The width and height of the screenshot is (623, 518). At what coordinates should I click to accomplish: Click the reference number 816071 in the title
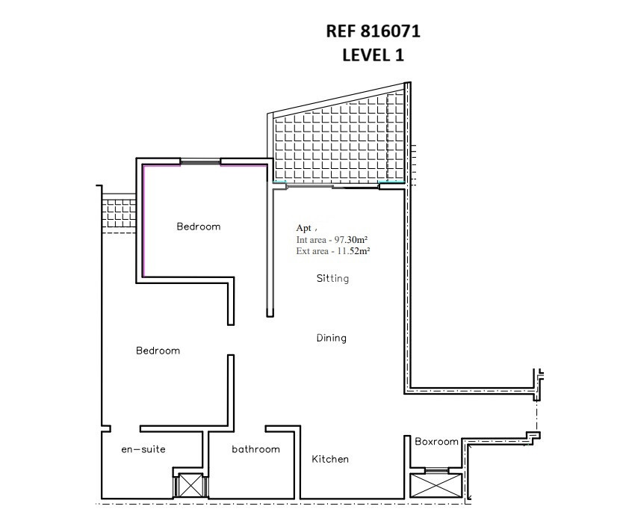pyautogui.click(x=390, y=31)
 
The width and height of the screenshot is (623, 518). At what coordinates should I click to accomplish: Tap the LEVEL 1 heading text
pyautogui.click(x=373, y=55)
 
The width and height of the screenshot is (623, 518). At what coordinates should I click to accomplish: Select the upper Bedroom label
pyautogui.click(x=198, y=226)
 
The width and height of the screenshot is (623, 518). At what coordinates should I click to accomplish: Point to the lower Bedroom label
pyautogui.click(x=158, y=351)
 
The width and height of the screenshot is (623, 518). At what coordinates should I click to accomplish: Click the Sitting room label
pyautogui.click(x=332, y=278)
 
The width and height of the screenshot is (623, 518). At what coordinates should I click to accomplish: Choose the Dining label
pyautogui.click(x=332, y=338)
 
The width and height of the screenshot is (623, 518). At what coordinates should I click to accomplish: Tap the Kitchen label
pyautogui.click(x=330, y=459)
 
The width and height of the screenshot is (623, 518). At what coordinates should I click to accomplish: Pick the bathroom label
pyautogui.click(x=256, y=449)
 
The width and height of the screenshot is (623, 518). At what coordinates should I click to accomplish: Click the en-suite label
pyautogui.click(x=143, y=449)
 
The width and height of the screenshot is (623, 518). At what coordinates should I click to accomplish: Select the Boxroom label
pyautogui.click(x=436, y=441)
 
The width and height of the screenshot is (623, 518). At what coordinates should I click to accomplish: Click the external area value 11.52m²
pyautogui.click(x=353, y=251)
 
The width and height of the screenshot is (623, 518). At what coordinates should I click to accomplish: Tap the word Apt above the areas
pyautogui.click(x=303, y=228)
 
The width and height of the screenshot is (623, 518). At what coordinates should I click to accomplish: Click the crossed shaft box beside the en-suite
pyautogui.click(x=190, y=485)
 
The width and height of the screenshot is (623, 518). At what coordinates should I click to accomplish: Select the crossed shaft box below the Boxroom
pyautogui.click(x=436, y=485)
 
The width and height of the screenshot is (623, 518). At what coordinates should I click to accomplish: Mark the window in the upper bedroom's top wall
pyautogui.click(x=200, y=161)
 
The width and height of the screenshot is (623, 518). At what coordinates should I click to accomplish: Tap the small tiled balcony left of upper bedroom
pyautogui.click(x=120, y=213)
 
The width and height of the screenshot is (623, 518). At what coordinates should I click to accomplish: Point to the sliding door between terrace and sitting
pyautogui.click(x=332, y=185)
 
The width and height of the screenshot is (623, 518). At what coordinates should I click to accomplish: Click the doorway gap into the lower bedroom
pyautogui.click(x=231, y=340)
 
